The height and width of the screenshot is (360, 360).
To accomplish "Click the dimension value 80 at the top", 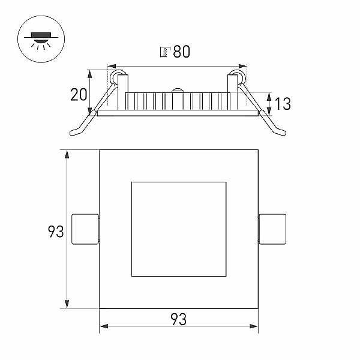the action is (182, 52).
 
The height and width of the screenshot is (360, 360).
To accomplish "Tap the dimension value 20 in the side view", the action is (79, 94).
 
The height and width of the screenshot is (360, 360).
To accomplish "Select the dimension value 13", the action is (283, 104).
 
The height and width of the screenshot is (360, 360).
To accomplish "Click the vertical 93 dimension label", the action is (56, 232).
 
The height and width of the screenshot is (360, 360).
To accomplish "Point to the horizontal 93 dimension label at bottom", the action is (178, 319).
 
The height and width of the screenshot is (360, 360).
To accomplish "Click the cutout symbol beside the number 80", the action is (165, 52).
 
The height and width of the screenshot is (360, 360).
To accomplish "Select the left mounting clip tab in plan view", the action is (85, 229).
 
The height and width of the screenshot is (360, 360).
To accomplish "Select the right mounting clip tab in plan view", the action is (272, 229).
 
